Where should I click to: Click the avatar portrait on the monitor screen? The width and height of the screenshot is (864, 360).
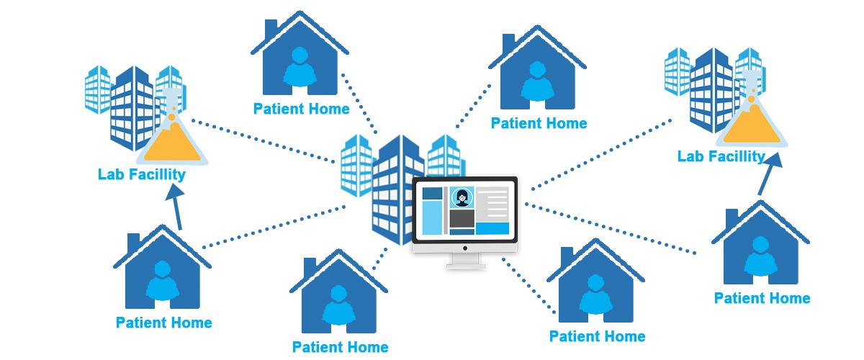(x=462, y=197)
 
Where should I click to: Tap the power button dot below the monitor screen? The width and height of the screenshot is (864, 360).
(x=465, y=248)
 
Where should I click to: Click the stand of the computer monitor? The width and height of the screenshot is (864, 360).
(x=466, y=261)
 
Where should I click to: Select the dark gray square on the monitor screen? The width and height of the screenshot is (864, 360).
(x=462, y=219)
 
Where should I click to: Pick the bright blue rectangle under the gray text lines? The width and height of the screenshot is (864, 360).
(x=492, y=228)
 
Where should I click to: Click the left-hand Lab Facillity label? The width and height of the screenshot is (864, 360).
(x=142, y=174)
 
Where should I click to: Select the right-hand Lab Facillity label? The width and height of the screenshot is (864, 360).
(x=721, y=156)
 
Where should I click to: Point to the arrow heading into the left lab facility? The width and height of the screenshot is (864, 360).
(x=176, y=207)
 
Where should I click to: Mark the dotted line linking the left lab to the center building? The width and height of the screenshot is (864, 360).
(x=263, y=141)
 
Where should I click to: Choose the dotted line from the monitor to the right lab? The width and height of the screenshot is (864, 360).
(x=601, y=155)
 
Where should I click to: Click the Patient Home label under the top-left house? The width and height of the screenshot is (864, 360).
(x=301, y=109)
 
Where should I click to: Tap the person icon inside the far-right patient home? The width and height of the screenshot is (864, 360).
(x=760, y=256)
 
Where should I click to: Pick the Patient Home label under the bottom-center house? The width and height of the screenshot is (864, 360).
(x=340, y=347)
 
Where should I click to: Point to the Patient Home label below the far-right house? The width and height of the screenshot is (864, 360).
(x=762, y=298)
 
